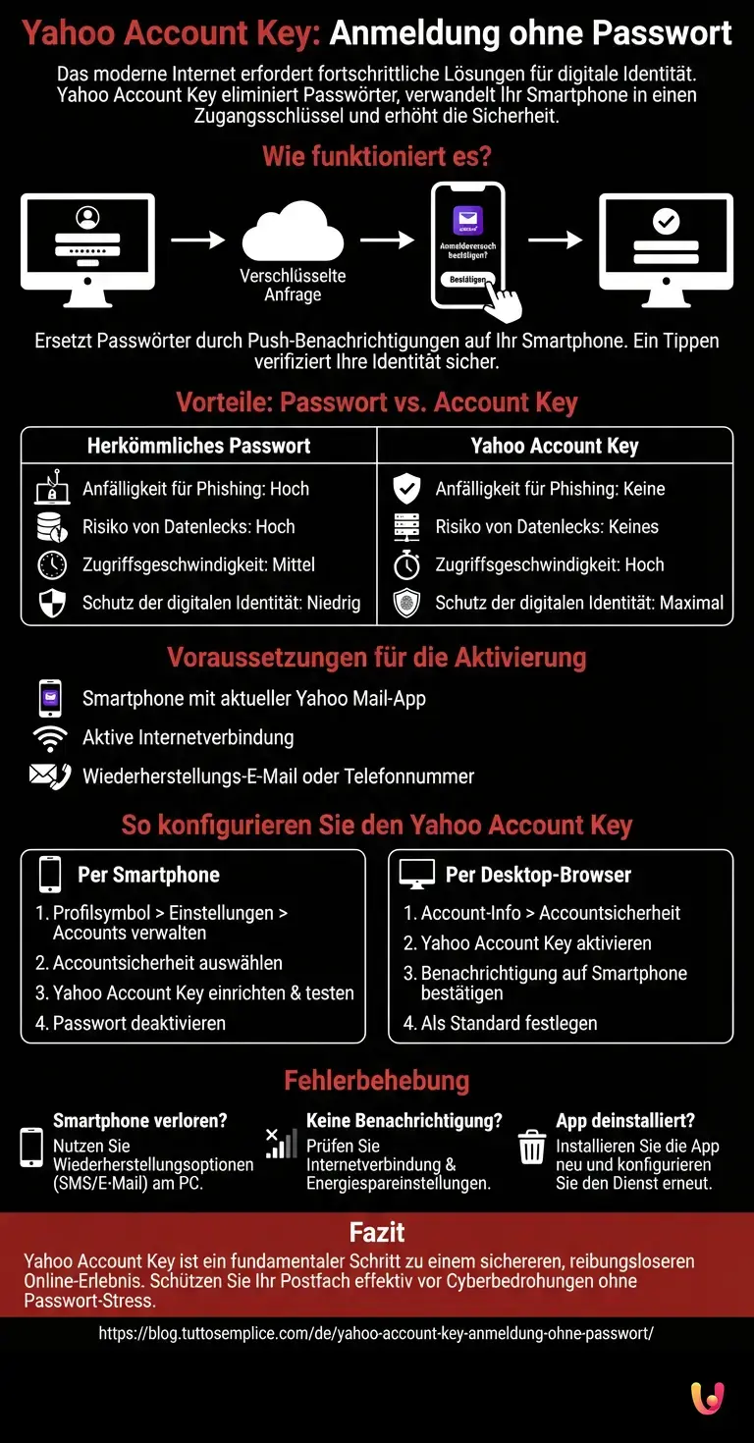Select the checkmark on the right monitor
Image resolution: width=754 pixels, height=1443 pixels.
[666, 222]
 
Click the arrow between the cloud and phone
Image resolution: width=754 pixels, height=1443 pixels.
[387, 240]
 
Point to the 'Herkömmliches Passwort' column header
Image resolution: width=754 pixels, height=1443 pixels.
[198, 446]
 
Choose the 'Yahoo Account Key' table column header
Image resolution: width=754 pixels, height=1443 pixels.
[555, 446]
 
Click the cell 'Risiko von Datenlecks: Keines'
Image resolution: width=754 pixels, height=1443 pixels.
[547, 527]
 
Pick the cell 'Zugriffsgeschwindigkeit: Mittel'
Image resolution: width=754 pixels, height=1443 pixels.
[198, 565]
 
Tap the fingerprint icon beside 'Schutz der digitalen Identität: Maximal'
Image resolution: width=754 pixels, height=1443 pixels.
[406, 603]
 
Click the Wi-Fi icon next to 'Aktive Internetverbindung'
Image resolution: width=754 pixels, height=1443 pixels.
[49, 738]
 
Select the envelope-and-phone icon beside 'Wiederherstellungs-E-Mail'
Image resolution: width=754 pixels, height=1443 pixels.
[49, 776]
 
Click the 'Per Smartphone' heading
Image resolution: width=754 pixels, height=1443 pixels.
[148, 875]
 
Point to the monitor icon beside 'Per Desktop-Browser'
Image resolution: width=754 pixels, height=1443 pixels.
[416, 874]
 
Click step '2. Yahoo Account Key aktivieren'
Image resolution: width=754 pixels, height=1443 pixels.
[526, 943]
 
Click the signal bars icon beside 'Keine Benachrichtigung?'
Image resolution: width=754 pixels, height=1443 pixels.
[281, 1144]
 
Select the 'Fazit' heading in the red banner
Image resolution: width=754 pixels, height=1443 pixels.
[377, 1232]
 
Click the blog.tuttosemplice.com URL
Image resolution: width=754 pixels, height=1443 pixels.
[376, 1334]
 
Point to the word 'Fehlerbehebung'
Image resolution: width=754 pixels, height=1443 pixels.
[377, 1081]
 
